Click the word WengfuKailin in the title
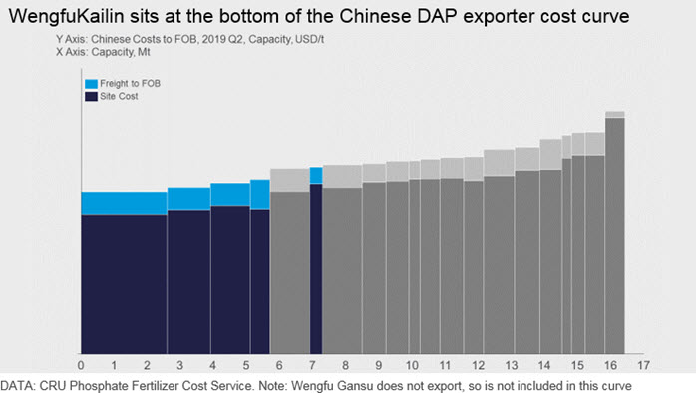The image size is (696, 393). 66,16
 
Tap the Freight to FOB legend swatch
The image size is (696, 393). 91,84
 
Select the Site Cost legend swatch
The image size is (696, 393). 91,97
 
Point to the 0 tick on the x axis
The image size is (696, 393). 81,365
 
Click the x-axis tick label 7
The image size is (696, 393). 312,365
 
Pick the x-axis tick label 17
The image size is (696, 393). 643,365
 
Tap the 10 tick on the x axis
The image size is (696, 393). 412,365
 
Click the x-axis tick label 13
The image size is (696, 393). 511,365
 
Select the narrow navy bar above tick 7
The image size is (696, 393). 316,268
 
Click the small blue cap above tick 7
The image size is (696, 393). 316,176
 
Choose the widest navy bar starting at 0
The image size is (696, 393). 124,284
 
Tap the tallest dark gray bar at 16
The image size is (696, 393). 615,235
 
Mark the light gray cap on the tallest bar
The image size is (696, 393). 615,115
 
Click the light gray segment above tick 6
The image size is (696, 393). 290,180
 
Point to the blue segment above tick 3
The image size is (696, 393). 188,198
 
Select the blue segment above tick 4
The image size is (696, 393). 230,195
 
